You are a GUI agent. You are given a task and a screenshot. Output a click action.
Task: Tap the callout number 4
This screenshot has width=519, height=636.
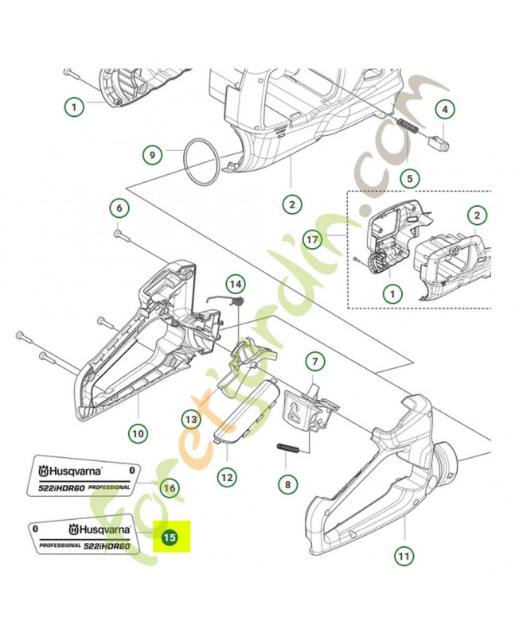tap(444, 109)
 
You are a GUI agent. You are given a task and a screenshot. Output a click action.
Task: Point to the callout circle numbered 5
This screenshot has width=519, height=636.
tap(410, 179)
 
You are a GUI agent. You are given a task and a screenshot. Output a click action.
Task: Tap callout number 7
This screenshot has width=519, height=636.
tap(316, 362)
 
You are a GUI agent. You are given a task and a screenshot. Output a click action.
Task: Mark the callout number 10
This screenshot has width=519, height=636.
tap(139, 433)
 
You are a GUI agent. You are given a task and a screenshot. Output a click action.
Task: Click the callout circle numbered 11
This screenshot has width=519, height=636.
tap(405, 556)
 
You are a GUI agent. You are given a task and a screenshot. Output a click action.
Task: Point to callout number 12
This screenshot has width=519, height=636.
tap(228, 477)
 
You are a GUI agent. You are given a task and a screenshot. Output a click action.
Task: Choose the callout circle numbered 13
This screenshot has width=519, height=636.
tap(190, 418)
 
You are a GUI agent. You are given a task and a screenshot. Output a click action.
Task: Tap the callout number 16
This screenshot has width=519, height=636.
tap(168, 487)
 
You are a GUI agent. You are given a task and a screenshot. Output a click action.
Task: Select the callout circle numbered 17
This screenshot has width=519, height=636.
tap(312, 238)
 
